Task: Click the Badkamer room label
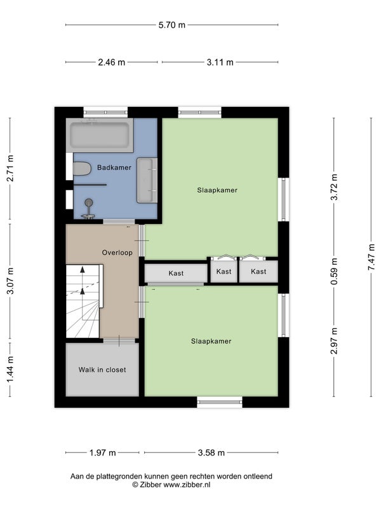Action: [114, 167]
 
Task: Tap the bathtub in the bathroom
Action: [100, 135]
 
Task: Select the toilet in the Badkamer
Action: [81, 169]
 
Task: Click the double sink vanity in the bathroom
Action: [147, 180]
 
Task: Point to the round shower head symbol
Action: [88, 202]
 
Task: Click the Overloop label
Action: [117, 253]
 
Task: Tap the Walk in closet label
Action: [102, 370]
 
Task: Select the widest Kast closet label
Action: [176, 274]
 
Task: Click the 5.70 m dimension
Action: [171, 25]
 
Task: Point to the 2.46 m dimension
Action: [112, 62]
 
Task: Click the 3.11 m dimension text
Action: [220, 62]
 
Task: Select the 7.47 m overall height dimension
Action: [371, 257]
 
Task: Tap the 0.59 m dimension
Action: [334, 272]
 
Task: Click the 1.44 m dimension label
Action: [10, 370]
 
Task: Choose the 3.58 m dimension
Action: [211, 452]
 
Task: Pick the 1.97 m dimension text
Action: [102, 452]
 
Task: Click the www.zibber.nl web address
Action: [187, 485]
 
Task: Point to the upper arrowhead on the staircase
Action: [83, 269]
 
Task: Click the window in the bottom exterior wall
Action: [220, 402]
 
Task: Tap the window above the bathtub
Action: [105, 113]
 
